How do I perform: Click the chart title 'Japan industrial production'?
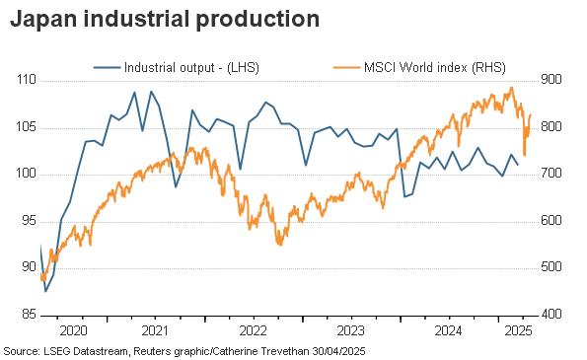click(165, 19)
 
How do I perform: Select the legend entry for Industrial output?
click(177, 67)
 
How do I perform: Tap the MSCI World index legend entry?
click(419, 67)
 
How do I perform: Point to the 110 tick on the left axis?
click(27, 80)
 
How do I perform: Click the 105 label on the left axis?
click(27, 127)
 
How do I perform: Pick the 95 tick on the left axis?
click(29, 221)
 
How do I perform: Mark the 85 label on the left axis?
click(29, 314)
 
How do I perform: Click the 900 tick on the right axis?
click(551, 80)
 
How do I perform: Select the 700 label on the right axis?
click(551, 174)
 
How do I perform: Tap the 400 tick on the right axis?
click(551, 314)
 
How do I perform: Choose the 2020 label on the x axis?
click(73, 330)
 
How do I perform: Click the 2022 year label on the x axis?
click(254, 330)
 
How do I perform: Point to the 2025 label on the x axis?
click(519, 330)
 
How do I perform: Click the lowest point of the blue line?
click(45, 291)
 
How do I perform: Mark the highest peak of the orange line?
click(512, 88)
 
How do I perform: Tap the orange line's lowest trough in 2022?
click(280, 245)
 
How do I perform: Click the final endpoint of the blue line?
click(518, 165)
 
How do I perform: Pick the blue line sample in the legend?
click(108, 67)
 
